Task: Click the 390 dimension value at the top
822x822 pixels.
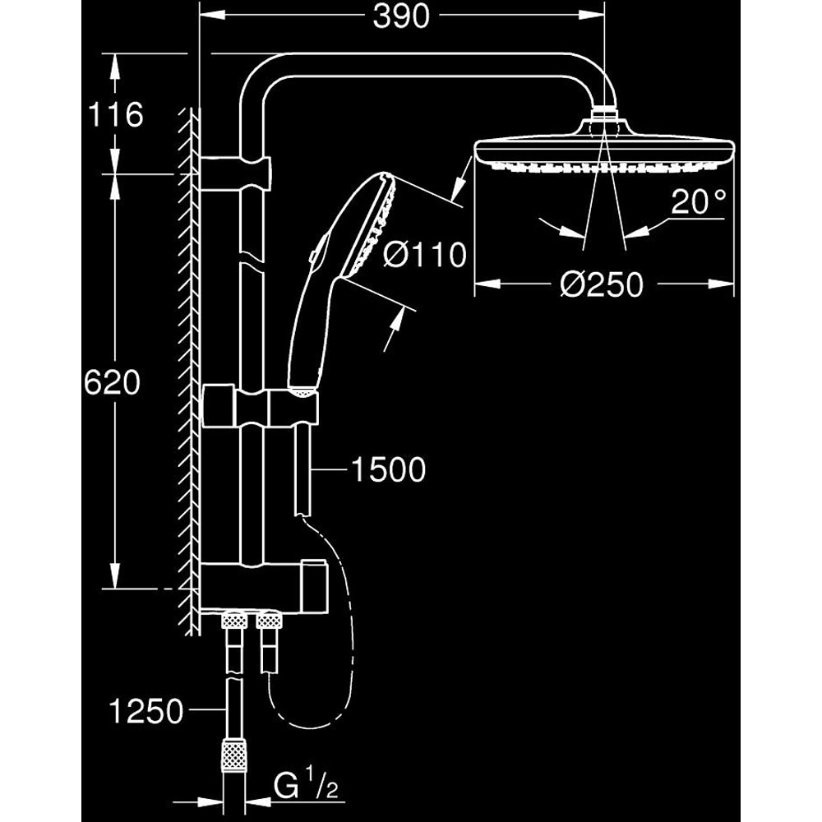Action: [402, 17]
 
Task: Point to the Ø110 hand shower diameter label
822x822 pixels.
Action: [424, 254]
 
